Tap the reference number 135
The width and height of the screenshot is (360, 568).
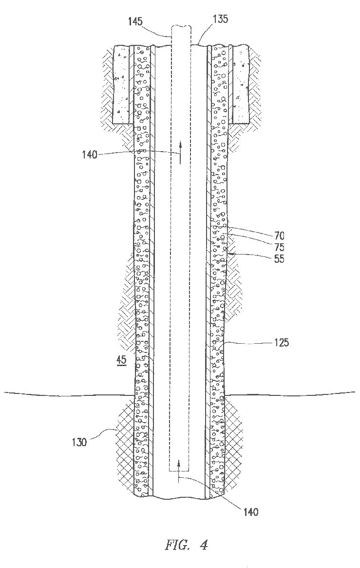tap(220, 20)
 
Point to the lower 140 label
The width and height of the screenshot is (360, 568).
tap(250, 512)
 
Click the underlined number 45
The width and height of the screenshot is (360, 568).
tap(120, 360)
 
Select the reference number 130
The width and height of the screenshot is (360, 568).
tap(79, 443)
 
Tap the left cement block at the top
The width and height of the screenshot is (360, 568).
tap(121, 84)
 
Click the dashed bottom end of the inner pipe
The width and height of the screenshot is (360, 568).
tap(179, 472)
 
